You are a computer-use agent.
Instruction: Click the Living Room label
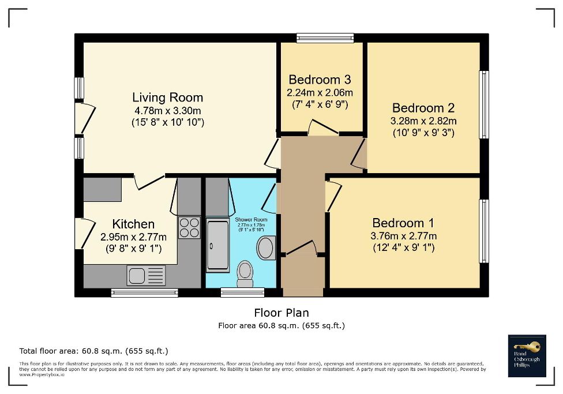167,97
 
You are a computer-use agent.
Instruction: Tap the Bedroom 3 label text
320,80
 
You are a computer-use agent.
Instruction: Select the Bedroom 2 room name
423,108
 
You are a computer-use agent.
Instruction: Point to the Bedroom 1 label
403,223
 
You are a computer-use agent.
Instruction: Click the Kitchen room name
133,224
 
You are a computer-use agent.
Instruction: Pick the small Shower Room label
251,220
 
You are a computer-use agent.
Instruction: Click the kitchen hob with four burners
189,227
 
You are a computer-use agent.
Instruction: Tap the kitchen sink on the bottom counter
147,275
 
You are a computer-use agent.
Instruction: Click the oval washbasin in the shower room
266,248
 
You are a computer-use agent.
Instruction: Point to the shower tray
217,245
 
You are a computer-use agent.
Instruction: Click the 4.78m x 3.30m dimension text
167,110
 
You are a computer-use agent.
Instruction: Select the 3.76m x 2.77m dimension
403,235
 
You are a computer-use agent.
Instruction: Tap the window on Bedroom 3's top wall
325,38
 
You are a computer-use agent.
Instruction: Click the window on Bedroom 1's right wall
484,231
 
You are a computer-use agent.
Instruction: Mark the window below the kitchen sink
144,293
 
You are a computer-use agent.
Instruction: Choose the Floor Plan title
281,313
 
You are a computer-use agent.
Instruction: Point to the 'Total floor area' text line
93,351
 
